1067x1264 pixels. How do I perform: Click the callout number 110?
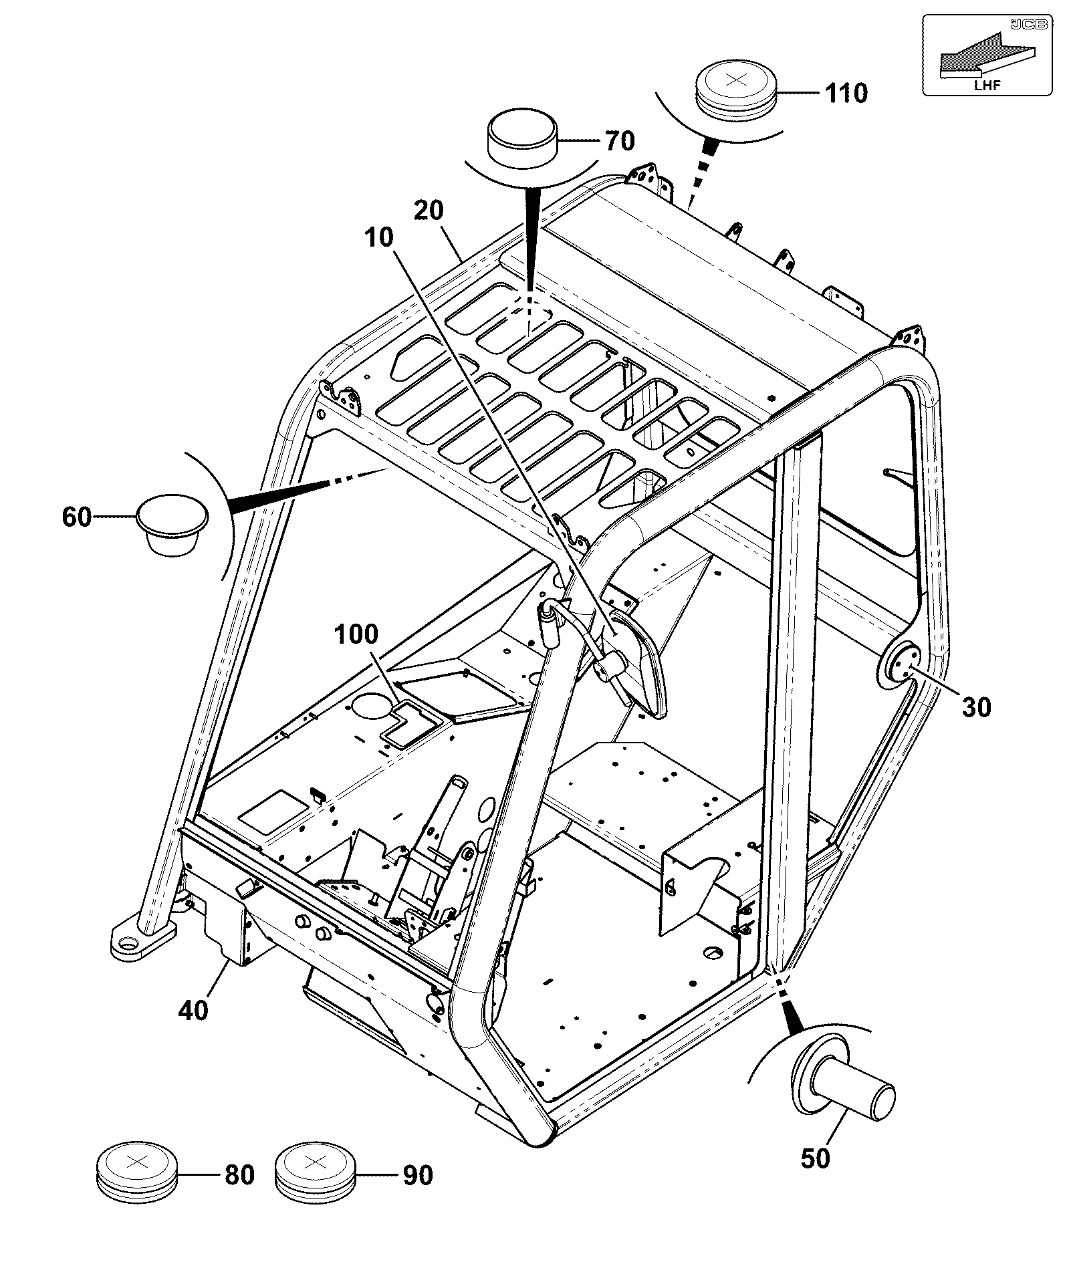846,93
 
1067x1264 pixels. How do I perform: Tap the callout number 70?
620,141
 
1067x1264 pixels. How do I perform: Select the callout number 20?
429,211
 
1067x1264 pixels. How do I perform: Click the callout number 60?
77,517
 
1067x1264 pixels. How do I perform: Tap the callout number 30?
976,707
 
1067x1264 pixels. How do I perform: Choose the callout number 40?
194,1009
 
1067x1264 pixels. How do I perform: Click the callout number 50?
815,1158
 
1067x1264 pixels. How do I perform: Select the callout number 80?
239,1174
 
